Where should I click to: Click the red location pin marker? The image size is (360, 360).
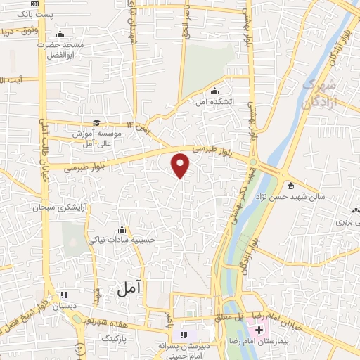pyautogui.click(x=181, y=165)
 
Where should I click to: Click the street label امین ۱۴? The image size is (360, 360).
pyautogui.click(x=139, y=127)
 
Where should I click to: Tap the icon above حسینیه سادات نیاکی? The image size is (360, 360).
pyautogui.click(x=123, y=229)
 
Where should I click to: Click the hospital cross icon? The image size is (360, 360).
pyautogui.click(x=259, y=330)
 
